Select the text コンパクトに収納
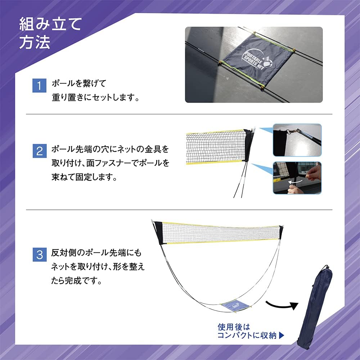click(x=247, y=336)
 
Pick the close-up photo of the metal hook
click(x=297, y=140)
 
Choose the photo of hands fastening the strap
click(x=297, y=178)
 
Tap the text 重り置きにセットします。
click(x=95, y=98)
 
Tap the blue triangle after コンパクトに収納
click(x=282, y=336)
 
